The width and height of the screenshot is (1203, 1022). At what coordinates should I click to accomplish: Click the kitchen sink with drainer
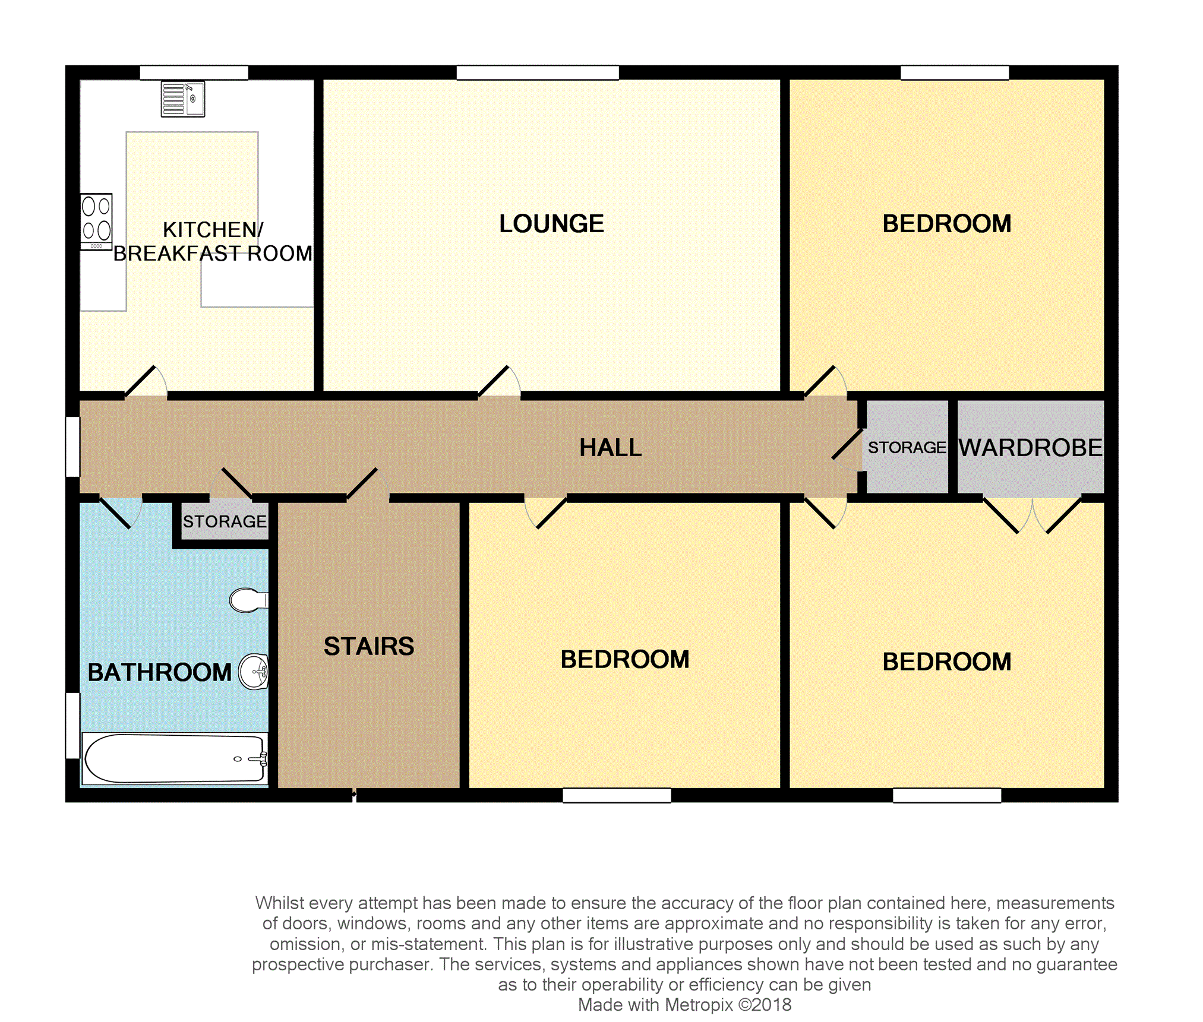(183, 99)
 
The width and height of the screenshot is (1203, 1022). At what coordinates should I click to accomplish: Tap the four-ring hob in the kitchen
(96, 222)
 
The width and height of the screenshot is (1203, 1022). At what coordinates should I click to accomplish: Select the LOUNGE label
(551, 224)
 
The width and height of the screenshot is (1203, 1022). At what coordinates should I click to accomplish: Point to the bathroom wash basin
(254, 672)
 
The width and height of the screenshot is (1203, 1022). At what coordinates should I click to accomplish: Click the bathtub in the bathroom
(175, 758)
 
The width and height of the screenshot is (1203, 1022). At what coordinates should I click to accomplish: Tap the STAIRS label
(368, 646)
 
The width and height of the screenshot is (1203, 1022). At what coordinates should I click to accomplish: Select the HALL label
(610, 448)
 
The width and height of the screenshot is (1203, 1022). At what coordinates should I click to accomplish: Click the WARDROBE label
(1030, 448)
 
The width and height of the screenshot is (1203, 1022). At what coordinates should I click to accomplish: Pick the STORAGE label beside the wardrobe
(907, 448)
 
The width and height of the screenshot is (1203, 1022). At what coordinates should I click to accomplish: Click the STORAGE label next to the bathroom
(225, 521)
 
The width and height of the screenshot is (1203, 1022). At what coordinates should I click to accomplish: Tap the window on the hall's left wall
(72, 447)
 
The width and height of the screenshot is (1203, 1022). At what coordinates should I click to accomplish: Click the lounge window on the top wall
(538, 72)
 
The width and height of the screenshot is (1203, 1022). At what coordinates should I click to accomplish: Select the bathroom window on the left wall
(72, 725)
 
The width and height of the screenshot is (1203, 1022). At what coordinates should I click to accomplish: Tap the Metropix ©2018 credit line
(684, 1005)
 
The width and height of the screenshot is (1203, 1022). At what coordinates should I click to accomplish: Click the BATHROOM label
(159, 672)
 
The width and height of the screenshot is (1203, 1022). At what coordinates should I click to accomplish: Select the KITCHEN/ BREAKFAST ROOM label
(213, 242)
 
